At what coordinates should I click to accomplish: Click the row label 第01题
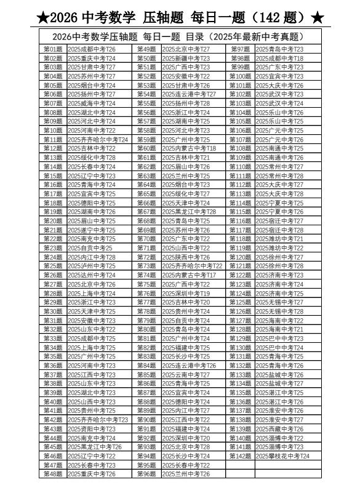tap(53, 49)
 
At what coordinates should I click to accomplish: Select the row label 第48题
tap(53, 475)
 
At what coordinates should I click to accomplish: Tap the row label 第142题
tap(240, 456)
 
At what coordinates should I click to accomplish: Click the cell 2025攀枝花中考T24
tap(282, 456)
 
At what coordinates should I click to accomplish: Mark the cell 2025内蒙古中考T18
tap(188, 148)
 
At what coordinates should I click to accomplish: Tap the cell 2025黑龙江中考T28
tap(188, 212)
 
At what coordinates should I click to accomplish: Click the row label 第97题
tap(240, 49)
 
